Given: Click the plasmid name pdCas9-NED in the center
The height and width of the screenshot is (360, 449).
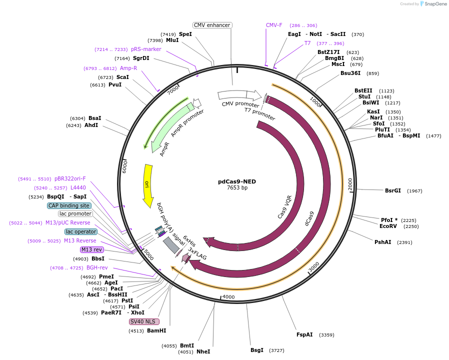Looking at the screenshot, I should point(237,181).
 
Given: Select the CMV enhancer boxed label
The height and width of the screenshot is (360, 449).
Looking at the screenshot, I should point(212,25).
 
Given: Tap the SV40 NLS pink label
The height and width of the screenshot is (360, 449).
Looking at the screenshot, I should point(144,321).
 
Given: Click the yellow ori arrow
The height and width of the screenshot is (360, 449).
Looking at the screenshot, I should point(148,185).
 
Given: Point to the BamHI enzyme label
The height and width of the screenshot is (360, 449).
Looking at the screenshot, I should point(156,330).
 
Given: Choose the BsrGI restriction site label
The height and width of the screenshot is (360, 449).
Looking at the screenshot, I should point(393,190).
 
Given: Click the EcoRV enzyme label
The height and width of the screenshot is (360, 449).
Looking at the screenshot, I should point(388,226).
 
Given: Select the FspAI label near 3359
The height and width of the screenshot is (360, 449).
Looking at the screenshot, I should point(304,334).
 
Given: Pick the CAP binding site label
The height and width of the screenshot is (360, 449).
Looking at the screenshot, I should point(69,205).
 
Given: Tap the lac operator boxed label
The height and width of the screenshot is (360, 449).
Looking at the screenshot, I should point(80,231).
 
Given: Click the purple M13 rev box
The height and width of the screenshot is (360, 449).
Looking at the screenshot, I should point(92,249).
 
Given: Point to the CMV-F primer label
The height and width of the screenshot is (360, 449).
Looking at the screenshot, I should point(274,25).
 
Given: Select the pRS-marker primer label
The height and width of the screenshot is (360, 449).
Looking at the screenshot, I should point(146,49).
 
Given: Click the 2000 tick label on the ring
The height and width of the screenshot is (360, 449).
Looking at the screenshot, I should point(350,183).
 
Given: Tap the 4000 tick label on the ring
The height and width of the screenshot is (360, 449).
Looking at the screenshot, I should point(228,297).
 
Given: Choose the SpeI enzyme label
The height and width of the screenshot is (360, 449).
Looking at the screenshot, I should point(185,34).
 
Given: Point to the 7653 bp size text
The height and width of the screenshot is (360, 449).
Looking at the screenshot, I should point(237,188).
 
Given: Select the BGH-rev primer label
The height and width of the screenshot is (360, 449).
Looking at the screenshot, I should point(97,267).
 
